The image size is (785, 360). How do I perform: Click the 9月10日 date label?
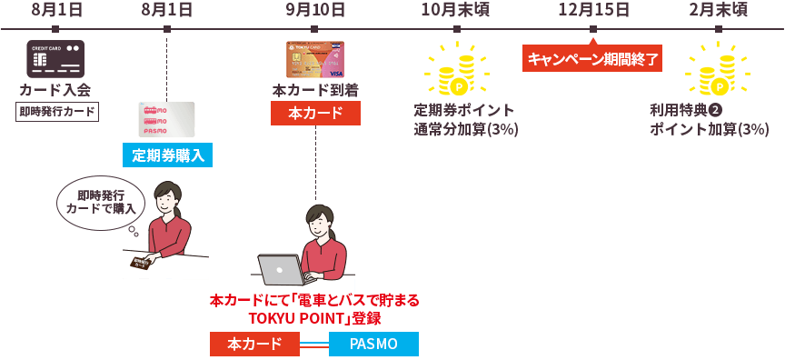[x=315, y=10]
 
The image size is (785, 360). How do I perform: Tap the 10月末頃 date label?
[x=456, y=10]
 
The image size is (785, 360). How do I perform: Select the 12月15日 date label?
[x=593, y=10]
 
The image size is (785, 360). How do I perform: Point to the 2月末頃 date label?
[x=718, y=10]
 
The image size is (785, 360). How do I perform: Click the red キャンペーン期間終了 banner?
[x=592, y=59]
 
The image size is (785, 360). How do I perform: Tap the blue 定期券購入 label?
[x=167, y=155]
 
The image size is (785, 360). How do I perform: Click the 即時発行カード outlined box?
[x=56, y=112]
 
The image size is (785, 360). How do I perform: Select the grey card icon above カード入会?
[x=55, y=59]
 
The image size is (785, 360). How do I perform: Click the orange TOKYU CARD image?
[x=315, y=59]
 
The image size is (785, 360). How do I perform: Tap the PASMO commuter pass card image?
[x=166, y=119]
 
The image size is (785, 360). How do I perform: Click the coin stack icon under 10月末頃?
[x=456, y=71]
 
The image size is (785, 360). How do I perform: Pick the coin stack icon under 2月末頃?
[x=718, y=71]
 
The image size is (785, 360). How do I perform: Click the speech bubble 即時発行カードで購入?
[x=100, y=202]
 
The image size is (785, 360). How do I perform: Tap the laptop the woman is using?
[x=283, y=270]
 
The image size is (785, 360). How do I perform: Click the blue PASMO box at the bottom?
[x=373, y=344]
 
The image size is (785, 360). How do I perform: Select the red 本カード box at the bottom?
[x=254, y=344]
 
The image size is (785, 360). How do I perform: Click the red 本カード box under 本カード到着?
[x=315, y=114]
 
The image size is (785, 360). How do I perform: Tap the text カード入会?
[x=55, y=90]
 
